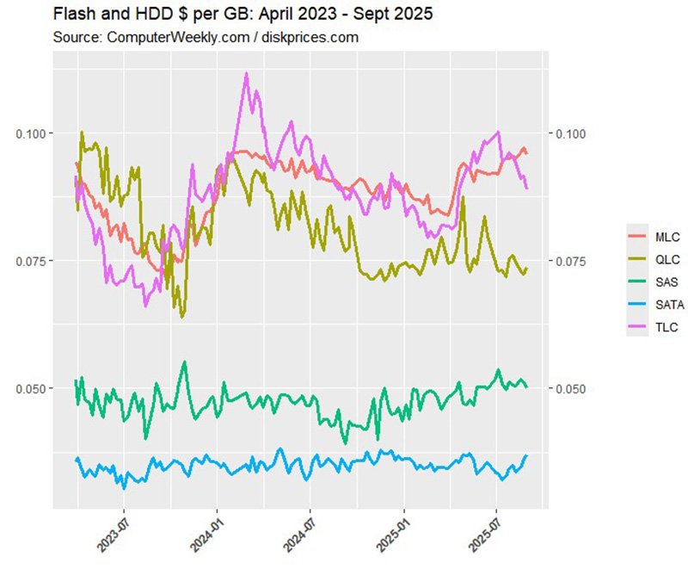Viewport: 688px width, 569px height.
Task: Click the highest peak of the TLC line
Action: point(247,74)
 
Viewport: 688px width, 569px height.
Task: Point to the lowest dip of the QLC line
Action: point(181,316)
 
